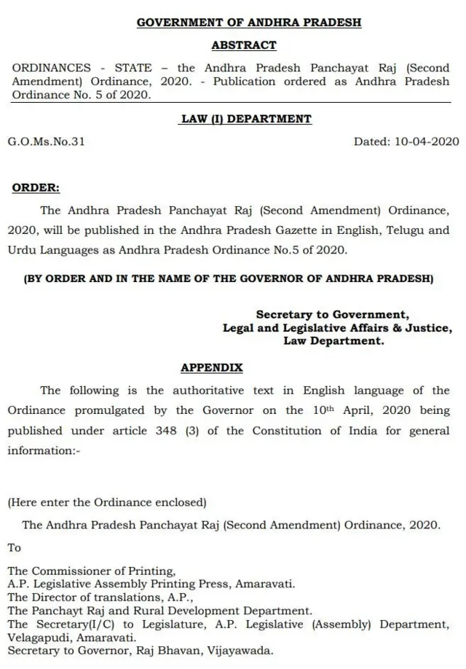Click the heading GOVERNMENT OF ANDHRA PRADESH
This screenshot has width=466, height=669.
pyautogui.click(x=249, y=23)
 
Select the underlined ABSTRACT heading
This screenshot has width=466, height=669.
pyautogui.click(x=244, y=45)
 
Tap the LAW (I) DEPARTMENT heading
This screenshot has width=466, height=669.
pyautogui.click(x=246, y=119)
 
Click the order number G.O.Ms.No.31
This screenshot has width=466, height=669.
pyautogui.click(x=47, y=141)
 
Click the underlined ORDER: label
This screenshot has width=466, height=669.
pyautogui.click(x=36, y=187)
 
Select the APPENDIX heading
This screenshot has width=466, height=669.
pyautogui.click(x=212, y=368)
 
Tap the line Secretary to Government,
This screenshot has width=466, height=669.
pyautogui.click(x=333, y=315)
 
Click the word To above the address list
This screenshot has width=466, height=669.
pyautogui.click(x=15, y=547)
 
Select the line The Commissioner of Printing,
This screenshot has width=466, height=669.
pyautogui.click(x=92, y=571)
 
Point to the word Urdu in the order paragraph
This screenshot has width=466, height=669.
pyautogui.click(x=22, y=250)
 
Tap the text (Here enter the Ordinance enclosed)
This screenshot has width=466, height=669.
pyautogui.click(x=107, y=502)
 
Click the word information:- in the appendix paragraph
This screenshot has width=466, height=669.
pyautogui.click(x=44, y=450)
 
